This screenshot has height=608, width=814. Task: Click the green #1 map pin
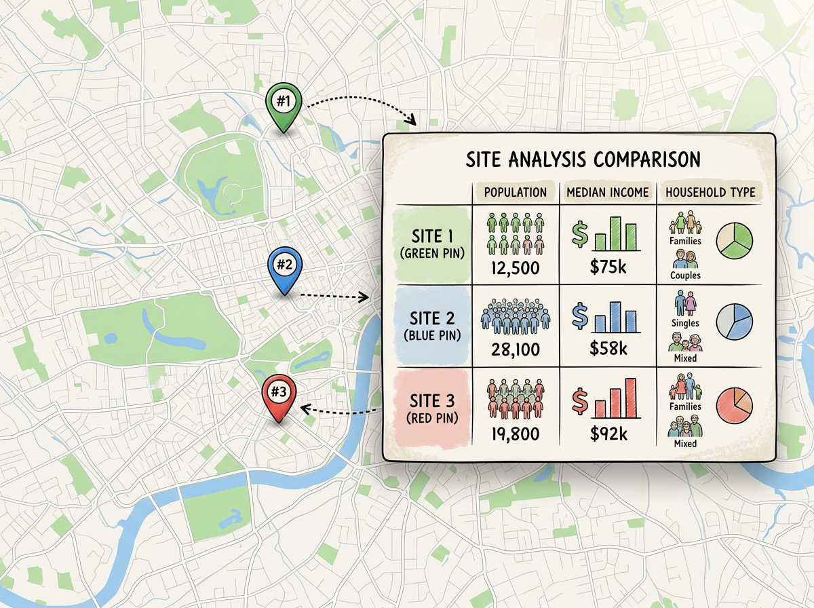point(284,105)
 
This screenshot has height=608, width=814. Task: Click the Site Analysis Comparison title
point(583,159)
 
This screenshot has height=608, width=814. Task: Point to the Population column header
point(515,192)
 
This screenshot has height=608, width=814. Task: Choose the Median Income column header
point(608,192)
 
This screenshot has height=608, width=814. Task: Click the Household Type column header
point(710,192)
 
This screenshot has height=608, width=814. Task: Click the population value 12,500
point(514,267)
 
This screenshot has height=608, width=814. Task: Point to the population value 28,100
point(514,350)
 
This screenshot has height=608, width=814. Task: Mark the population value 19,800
point(514,433)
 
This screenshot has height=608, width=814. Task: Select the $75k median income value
point(608,267)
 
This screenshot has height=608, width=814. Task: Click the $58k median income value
point(608,350)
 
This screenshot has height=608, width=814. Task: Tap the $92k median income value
point(608,433)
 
